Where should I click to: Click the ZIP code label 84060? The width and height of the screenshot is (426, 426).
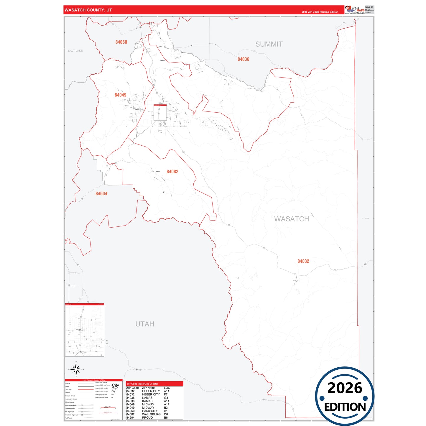(121, 42)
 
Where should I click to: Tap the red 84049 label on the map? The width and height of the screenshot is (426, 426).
(120, 95)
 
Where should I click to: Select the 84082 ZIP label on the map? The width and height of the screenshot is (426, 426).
(172, 172)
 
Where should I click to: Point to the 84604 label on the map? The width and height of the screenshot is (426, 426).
(101, 194)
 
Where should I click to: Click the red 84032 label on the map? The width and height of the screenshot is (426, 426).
(303, 261)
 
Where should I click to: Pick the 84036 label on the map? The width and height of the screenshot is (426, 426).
(243, 59)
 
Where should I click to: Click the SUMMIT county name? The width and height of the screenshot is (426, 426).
(269, 44)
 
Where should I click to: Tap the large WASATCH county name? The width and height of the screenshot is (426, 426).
(292, 219)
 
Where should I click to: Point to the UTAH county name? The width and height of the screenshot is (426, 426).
(145, 324)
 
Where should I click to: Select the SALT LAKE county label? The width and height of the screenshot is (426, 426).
(75, 51)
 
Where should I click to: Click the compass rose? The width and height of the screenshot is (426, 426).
(76, 369)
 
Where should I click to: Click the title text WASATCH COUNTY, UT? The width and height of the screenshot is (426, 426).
(88, 10)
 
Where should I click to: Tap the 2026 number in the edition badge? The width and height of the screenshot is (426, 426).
(345, 388)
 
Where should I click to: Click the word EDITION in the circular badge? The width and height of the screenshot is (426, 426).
(345, 407)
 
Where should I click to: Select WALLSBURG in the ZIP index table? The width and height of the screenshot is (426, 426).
(151, 414)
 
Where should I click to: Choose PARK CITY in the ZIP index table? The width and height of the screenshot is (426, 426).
(150, 411)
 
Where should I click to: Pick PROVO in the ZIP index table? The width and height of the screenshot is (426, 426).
(147, 417)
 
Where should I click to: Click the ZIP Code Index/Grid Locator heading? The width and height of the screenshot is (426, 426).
(142, 384)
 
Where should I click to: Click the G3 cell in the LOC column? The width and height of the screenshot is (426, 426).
(166, 398)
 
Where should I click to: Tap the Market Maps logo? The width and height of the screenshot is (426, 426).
(355, 10)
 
